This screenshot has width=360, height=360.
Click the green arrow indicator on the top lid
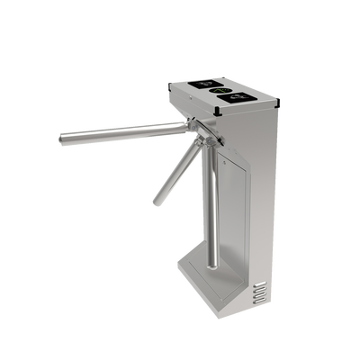[x=217, y=90]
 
